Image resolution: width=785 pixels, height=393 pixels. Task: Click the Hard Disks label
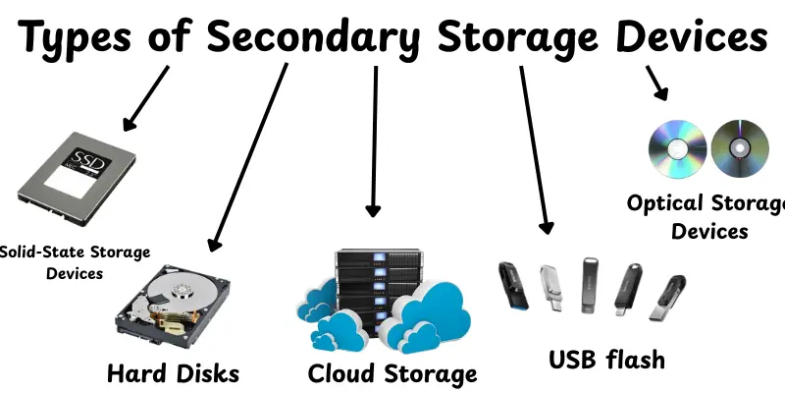(173, 373)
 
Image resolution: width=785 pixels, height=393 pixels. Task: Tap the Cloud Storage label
(392, 373)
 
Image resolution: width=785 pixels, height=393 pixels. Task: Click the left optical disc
(677, 148)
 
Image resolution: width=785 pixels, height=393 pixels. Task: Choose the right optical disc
(738, 148)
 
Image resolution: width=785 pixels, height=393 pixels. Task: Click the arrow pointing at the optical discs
(656, 84)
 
